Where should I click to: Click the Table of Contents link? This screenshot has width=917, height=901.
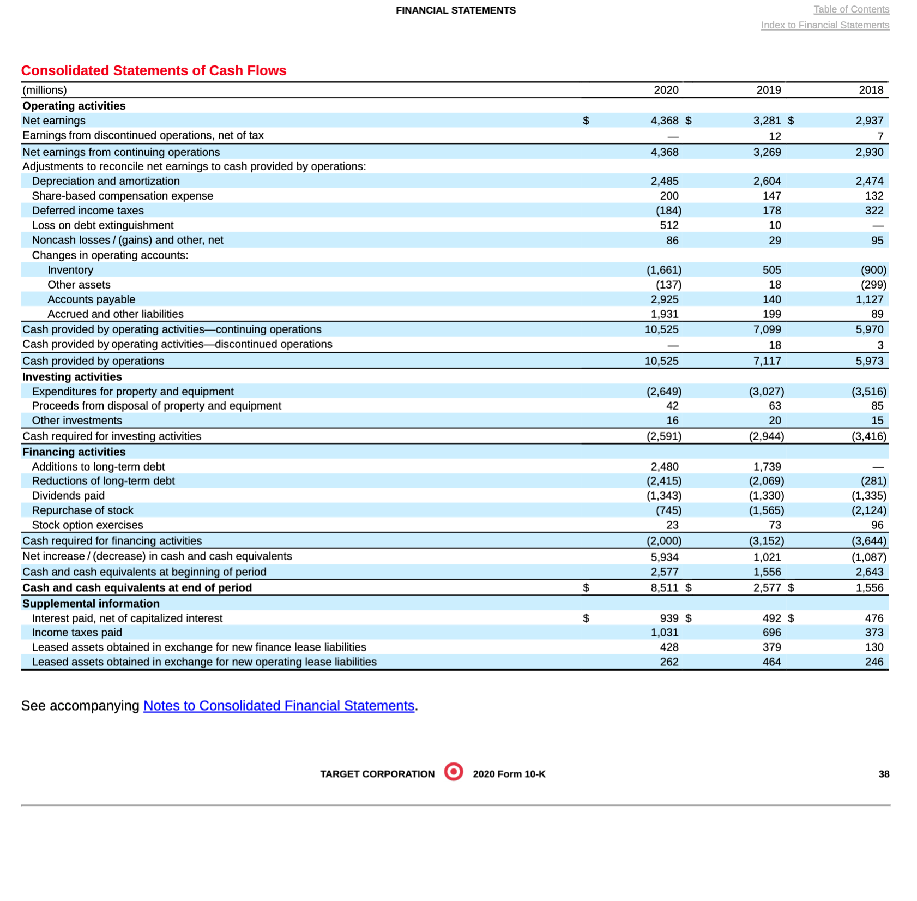pos(850,9)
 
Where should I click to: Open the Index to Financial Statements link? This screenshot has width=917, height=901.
pos(824,25)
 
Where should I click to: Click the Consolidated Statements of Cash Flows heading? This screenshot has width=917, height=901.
pos(153,71)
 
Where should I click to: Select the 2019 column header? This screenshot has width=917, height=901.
pos(768,90)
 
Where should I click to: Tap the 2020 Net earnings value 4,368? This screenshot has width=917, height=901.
pos(664,121)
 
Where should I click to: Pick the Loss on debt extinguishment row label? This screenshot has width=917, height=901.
pos(102,225)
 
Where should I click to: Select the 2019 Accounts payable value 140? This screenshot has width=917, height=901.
pos(771,299)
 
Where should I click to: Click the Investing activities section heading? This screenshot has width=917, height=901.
pos(72,377)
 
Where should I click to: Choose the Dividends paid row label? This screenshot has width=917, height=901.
pos(68,496)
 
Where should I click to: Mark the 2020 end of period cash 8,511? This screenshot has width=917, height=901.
pos(664,588)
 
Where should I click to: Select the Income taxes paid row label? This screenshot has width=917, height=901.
pos(77,633)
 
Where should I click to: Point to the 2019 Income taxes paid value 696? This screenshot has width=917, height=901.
pos(771,633)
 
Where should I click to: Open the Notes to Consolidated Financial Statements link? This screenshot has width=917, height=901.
pos(279,706)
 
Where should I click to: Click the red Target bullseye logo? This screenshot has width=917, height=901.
pos(453,772)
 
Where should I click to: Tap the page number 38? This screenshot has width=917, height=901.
pos(883,774)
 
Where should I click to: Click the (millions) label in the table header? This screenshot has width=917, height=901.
pos(45,90)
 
